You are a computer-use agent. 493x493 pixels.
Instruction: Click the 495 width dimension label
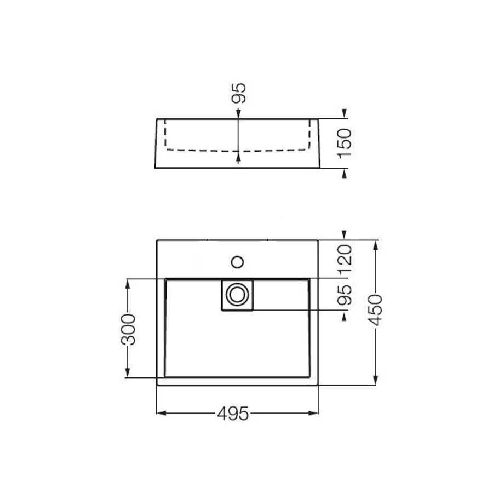point(233,414)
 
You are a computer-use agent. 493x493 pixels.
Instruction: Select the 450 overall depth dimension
point(375,310)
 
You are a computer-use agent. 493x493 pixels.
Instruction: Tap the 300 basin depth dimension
point(128,329)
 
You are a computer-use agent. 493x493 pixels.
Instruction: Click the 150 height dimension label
point(345,143)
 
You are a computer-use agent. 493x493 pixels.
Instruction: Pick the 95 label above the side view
point(238,93)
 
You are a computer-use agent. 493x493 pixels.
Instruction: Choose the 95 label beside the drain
point(345,295)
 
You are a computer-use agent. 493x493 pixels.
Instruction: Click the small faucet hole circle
point(237,262)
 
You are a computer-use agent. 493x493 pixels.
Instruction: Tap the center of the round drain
point(237,295)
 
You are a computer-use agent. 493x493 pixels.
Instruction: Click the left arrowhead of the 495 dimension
point(161,413)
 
